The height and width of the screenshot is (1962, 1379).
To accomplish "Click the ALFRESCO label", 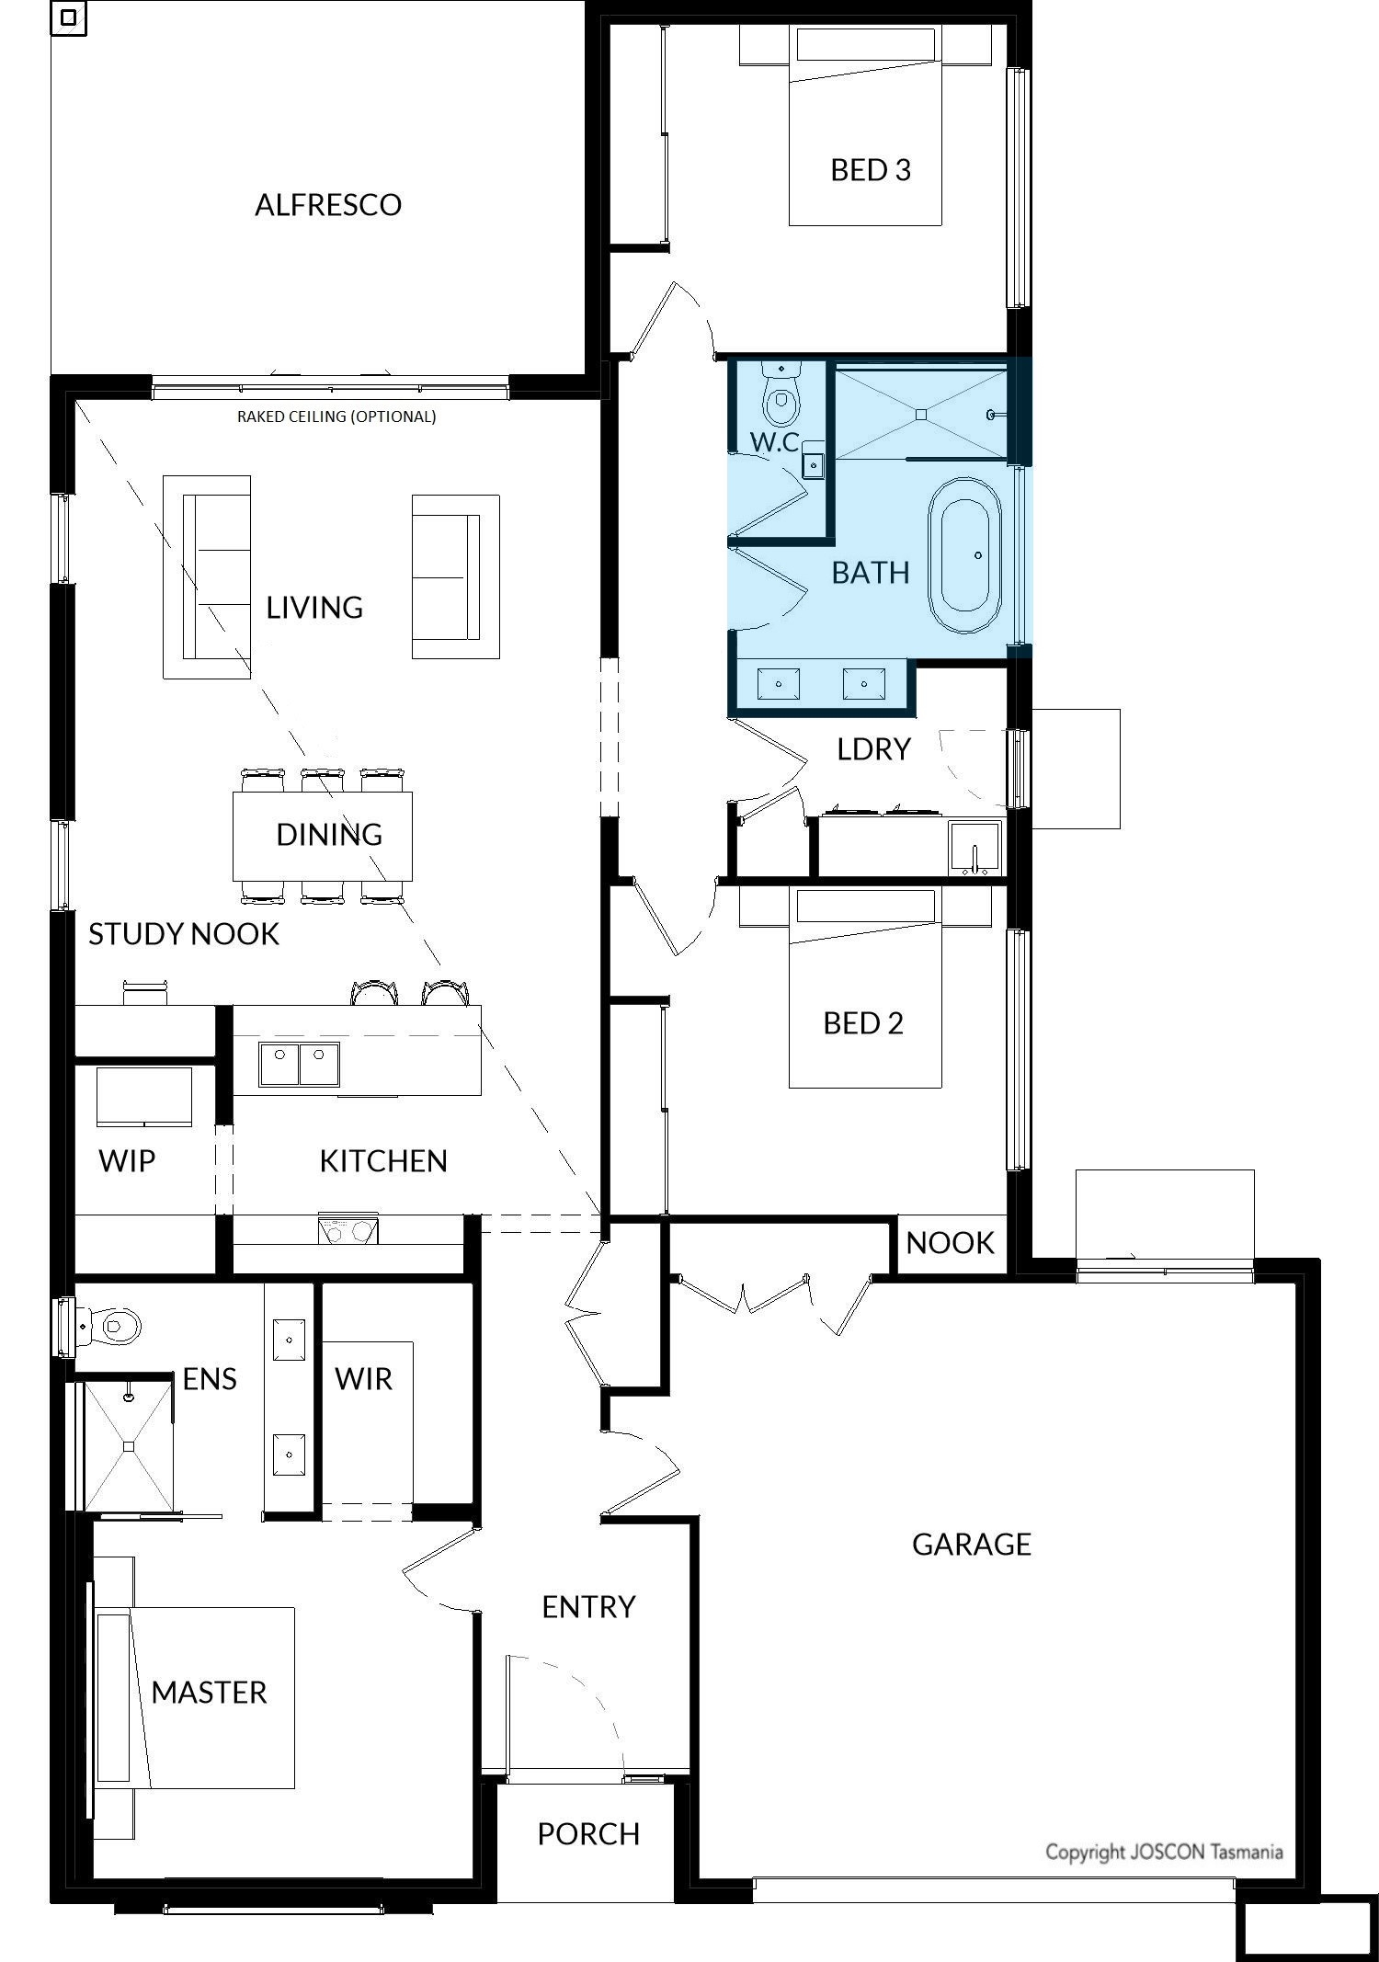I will tap(328, 204).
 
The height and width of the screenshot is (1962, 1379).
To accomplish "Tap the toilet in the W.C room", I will tap(781, 395).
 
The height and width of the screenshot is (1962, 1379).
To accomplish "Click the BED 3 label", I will tap(870, 170).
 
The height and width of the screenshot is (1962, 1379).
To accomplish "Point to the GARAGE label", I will tap(971, 1544).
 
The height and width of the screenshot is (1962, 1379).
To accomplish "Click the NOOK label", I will tap(950, 1243).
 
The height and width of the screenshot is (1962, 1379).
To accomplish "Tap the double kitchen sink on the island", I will tap(299, 1064).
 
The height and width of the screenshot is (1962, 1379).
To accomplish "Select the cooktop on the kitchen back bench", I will tap(348, 1229).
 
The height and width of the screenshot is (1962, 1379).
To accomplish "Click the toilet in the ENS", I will tap(115, 1326).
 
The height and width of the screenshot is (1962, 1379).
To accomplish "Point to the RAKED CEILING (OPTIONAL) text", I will tap(336, 416).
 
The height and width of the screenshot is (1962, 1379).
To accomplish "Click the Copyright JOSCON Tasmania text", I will tap(1163, 1852).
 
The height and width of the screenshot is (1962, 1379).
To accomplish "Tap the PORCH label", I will tap(588, 1833).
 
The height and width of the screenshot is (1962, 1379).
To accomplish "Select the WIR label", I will tap(363, 1379).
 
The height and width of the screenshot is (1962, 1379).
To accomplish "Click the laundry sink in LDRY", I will tap(974, 849).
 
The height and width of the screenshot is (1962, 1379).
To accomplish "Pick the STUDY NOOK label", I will tap(183, 934).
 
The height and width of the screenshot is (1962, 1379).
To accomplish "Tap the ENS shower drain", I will tap(129, 1446).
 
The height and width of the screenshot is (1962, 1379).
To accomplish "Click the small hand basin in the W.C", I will tap(814, 466).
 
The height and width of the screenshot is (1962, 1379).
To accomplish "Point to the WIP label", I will tap(127, 1161).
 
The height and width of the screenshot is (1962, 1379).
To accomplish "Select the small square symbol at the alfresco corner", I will tap(68, 18).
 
